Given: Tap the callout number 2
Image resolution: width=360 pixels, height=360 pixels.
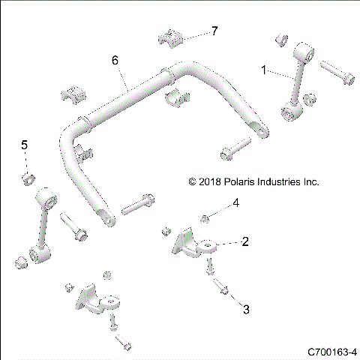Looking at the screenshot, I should pyautogui.click(x=244, y=241).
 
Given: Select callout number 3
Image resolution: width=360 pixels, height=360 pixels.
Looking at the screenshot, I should pyautogui.click(x=244, y=307).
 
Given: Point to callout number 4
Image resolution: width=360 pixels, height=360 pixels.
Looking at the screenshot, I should pyautogui.click(x=235, y=202).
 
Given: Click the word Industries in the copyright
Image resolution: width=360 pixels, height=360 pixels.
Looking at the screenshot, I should pyautogui.click(x=282, y=181).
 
